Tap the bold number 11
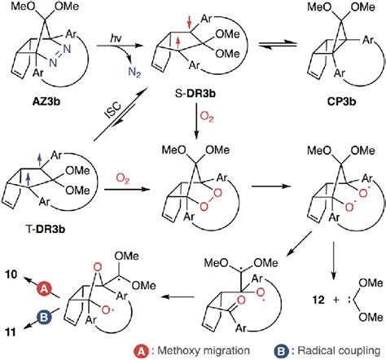(x=8, y=334)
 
